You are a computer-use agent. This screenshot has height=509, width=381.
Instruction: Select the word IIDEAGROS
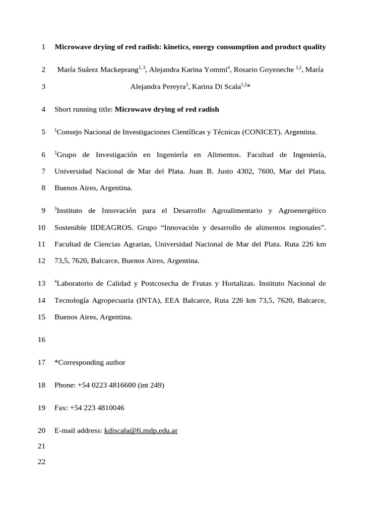tap(110, 228)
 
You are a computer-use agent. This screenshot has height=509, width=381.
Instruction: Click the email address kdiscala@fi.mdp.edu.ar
tap(141, 431)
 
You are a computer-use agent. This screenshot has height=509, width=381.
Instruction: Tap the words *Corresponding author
tap(90, 362)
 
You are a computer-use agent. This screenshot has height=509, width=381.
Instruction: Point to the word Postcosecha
tap(161, 284)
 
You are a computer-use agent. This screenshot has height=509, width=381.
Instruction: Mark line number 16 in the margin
tap(42, 340)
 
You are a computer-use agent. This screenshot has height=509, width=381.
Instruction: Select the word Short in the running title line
tap(63, 109)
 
